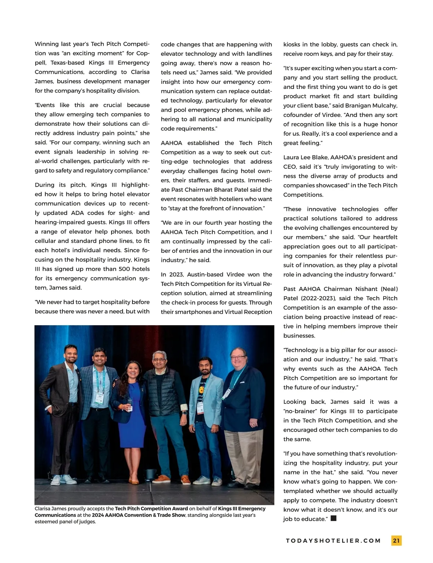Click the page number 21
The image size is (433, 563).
(x=396, y=541)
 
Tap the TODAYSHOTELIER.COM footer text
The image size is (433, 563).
(x=333, y=541)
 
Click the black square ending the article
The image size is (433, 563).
(x=333, y=519)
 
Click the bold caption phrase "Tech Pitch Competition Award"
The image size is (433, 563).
(x=151, y=509)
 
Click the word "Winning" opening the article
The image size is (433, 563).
(x=47, y=44)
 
